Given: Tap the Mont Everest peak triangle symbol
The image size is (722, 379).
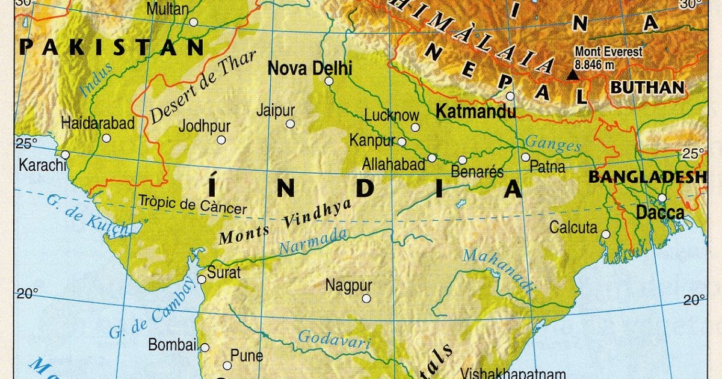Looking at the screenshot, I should (x=573, y=75).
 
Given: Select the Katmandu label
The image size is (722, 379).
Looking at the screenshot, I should (x=475, y=112).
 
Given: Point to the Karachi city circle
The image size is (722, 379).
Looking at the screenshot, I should (x=65, y=155).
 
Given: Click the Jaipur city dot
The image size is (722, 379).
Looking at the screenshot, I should (x=290, y=124).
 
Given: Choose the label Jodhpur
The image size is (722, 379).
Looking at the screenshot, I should (x=205, y=126).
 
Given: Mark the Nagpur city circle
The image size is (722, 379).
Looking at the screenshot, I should (x=366, y=298).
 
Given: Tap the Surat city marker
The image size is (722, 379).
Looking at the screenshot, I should (x=202, y=279).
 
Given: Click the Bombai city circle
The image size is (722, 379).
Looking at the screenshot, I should (x=205, y=348).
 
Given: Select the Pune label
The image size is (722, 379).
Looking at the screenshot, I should (x=247, y=355).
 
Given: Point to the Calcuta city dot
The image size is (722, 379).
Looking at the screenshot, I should (x=606, y=234).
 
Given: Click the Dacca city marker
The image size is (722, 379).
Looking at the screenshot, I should (x=662, y=198).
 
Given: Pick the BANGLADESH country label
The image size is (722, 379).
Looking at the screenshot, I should (x=647, y=177).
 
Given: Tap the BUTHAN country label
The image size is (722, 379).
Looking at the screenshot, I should (x=647, y=88).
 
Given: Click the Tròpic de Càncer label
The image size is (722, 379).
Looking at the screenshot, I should (x=193, y=205).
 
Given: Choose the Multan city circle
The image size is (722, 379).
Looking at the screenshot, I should (x=193, y=22).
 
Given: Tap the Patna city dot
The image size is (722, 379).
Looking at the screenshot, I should (x=525, y=157).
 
